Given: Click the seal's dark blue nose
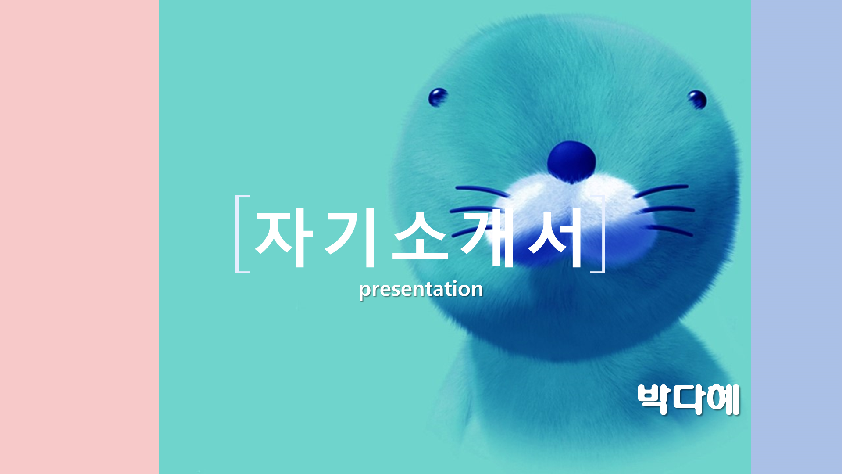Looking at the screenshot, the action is pos(571,162).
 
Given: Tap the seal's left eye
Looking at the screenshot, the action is pos(438,97).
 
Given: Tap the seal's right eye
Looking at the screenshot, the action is pos(697,99).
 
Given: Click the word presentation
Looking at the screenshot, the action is pos(421,289).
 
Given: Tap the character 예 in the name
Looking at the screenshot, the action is pos(724,399).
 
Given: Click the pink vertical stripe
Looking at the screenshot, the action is pos(79,237).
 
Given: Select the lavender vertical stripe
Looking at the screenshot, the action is pos(796,237).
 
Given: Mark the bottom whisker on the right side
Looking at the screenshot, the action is pos(670,230).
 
